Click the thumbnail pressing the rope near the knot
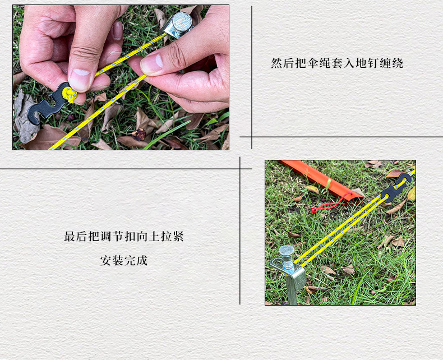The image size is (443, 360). [80, 78]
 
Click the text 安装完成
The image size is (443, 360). [124, 261]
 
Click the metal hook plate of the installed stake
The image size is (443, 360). [291, 273]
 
